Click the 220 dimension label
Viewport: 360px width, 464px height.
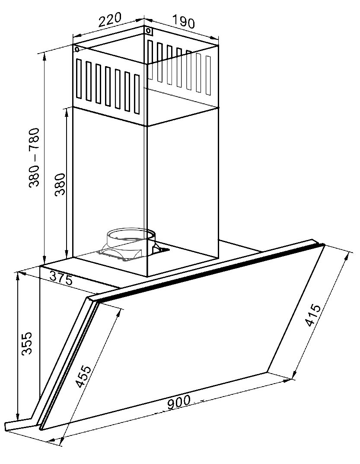coord(110,20)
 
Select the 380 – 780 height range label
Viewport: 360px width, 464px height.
coord(34,157)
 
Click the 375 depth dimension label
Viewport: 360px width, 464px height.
coord(61,278)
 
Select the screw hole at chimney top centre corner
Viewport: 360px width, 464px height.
coord(148,30)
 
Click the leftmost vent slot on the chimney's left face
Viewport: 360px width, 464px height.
coord(79,78)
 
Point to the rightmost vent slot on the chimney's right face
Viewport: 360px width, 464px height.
coord(208,75)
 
